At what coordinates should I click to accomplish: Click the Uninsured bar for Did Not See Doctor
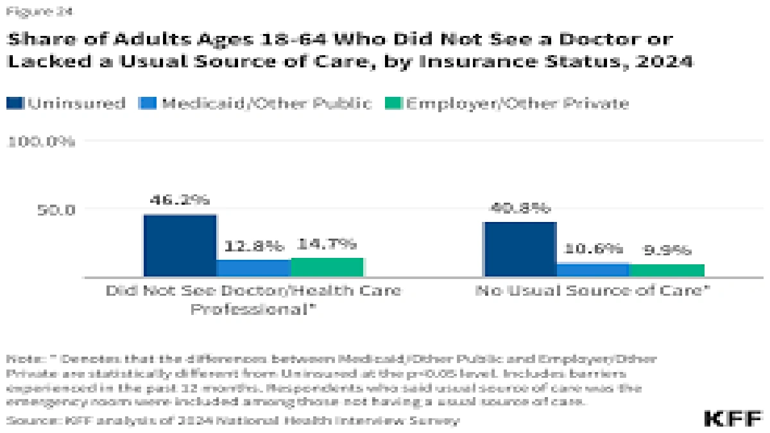pos(180,245)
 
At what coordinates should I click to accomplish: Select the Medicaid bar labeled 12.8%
pos(253,268)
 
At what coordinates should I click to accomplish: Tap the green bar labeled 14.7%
pos(327,267)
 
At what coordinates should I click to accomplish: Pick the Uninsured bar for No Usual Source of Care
pos(520,249)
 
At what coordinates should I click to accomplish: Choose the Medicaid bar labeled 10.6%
pos(594,269)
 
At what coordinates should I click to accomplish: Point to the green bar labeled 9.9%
pos(667,270)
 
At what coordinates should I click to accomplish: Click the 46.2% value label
pos(180,200)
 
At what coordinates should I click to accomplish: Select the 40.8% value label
pos(520,208)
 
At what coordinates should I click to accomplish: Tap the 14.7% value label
pos(327,244)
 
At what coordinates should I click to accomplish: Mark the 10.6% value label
pos(594,248)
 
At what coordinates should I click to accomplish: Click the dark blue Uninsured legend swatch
pos(15,103)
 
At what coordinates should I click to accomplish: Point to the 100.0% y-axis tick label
pos(40,141)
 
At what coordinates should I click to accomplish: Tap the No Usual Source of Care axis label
pos(594,291)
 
